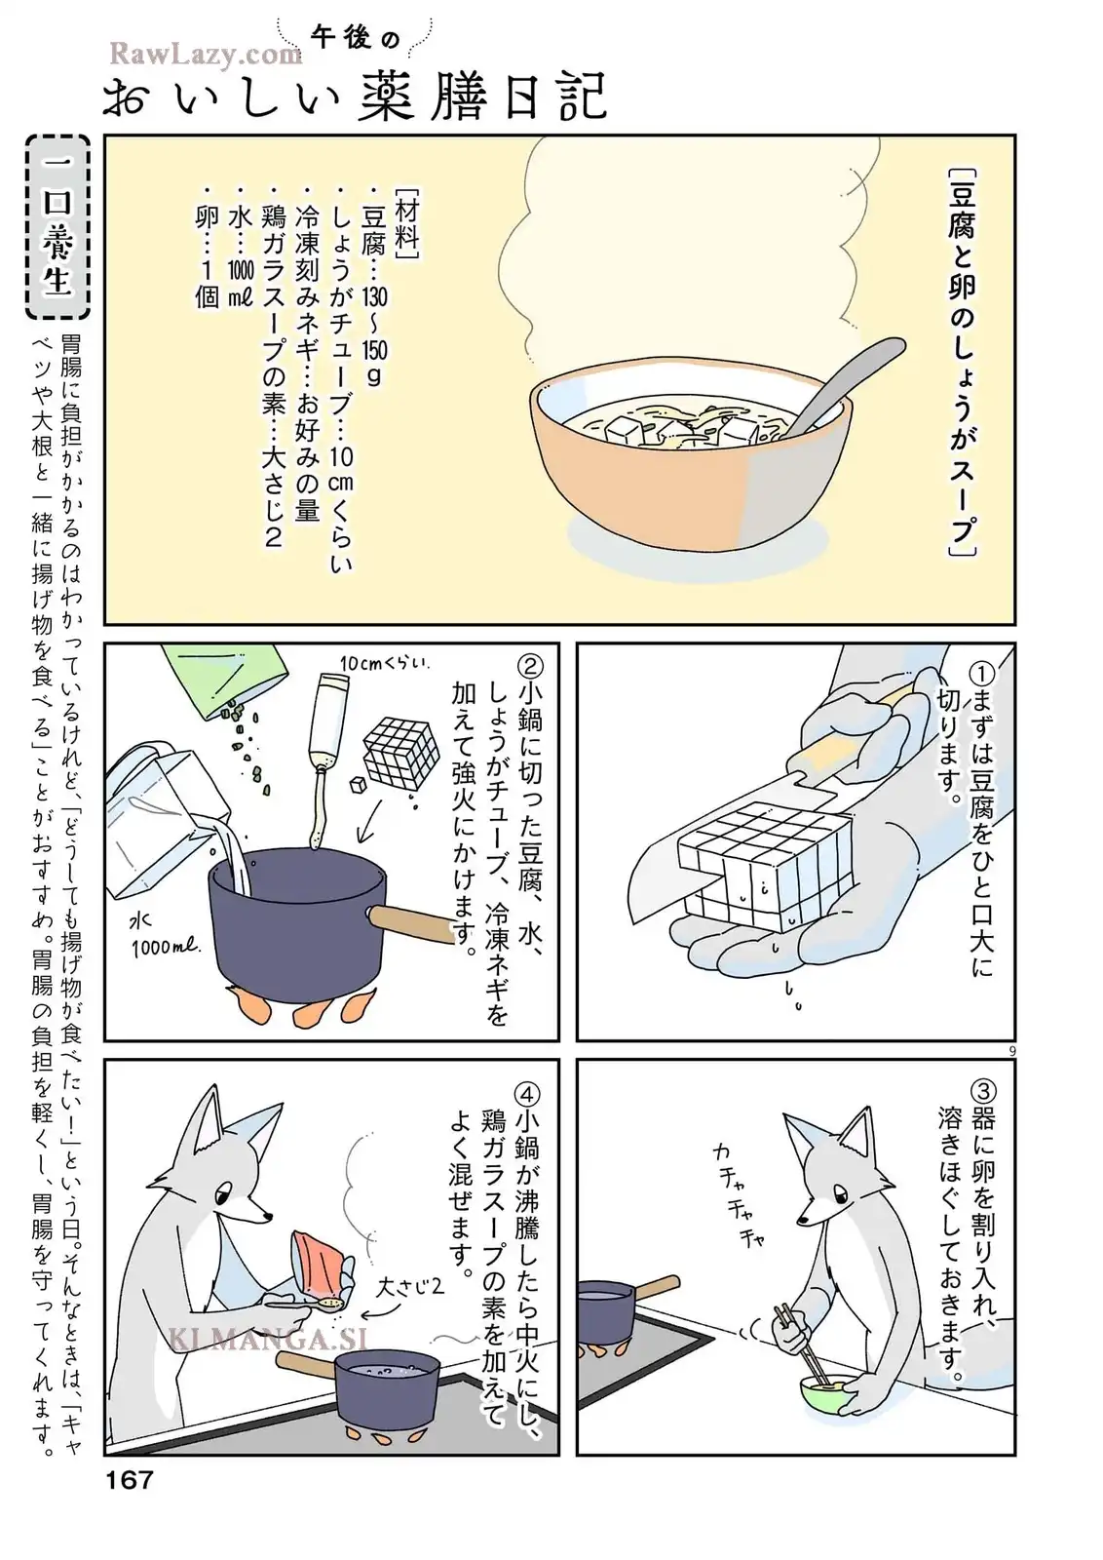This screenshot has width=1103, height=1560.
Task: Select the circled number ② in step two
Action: click(529, 667)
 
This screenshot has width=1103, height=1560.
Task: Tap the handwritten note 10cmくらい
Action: click(385, 662)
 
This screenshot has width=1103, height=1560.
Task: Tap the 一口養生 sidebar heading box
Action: click(57, 227)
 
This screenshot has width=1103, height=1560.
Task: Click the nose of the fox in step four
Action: click(268, 1219)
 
